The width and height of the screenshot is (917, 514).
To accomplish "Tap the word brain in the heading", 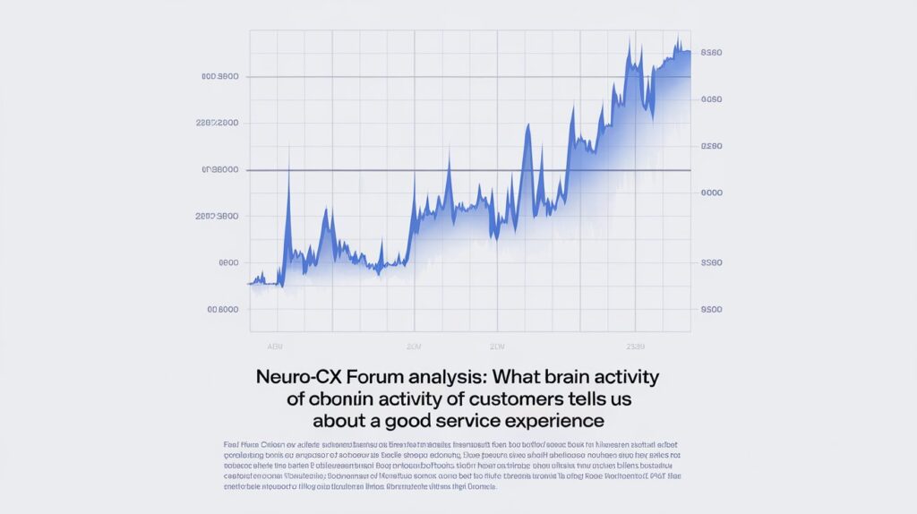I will click(564, 376).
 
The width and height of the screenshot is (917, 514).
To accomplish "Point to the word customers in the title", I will click(507, 398).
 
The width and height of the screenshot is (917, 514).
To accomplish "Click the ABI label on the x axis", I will click(275, 345).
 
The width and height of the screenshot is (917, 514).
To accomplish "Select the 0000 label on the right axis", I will click(712, 193).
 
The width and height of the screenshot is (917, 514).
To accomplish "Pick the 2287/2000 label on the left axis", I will click(217, 123).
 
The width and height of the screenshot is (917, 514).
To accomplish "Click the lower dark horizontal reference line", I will click(470, 170).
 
